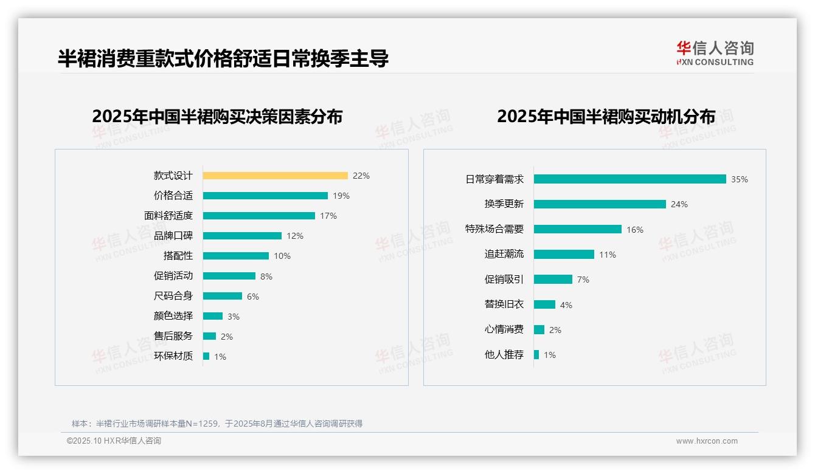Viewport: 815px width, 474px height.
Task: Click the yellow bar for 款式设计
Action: click(x=275, y=176)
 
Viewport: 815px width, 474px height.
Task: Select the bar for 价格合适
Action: click(x=265, y=196)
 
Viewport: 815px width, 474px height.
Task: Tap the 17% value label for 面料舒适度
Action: click(x=328, y=216)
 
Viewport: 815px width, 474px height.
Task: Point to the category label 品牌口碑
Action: click(x=173, y=236)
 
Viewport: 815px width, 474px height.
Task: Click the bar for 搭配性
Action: click(x=236, y=256)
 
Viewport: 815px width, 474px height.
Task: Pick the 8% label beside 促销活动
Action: click(x=266, y=276)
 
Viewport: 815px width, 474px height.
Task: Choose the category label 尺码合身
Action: click(x=173, y=296)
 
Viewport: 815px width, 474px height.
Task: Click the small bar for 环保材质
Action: click(x=206, y=356)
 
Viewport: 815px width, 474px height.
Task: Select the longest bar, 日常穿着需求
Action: click(x=629, y=179)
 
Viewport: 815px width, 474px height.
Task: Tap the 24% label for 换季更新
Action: click(x=679, y=205)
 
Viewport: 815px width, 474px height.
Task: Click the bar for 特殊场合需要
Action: click(x=578, y=229)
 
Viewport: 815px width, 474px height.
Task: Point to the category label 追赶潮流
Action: click(x=504, y=254)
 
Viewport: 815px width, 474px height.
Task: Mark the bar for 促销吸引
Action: click(x=553, y=280)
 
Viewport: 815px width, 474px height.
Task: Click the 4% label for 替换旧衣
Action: click(x=566, y=305)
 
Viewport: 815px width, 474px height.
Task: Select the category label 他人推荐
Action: click(x=504, y=355)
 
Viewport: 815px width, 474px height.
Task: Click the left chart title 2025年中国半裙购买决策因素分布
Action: click(x=217, y=116)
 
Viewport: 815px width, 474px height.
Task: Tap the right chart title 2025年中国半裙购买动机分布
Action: click(x=606, y=116)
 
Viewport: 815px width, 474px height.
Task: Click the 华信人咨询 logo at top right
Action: click(x=715, y=53)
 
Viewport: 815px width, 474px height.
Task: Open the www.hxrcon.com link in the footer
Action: click(x=707, y=441)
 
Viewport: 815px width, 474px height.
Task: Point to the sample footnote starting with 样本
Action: click(x=217, y=424)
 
